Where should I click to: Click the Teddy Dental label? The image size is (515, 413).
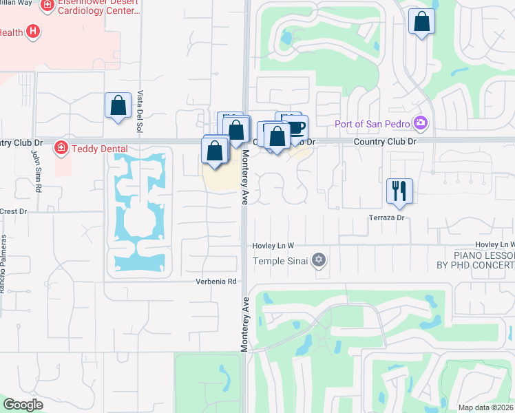click(x=96, y=147)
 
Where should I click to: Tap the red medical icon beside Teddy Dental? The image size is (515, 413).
click(x=61, y=147)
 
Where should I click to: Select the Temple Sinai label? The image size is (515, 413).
click(x=282, y=260)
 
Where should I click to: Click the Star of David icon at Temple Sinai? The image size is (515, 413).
click(x=318, y=260)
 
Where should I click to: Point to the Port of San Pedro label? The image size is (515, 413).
click(x=373, y=124)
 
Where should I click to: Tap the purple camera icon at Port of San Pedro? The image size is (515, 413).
click(x=421, y=124)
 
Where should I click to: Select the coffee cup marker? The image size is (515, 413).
click(x=296, y=128)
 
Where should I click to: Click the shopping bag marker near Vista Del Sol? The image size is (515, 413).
click(x=118, y=106)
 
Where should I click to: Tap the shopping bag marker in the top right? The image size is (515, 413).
click(x=421, y=22)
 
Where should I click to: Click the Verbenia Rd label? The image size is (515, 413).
click(x=216, y=281)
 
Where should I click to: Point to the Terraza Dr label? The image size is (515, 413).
click(x=386, y=218)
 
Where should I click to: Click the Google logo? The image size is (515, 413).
click(x=23, y=404)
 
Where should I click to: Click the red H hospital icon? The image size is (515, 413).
click(x=32, y=32)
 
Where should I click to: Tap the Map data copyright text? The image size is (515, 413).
click(x=486, y=407)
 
